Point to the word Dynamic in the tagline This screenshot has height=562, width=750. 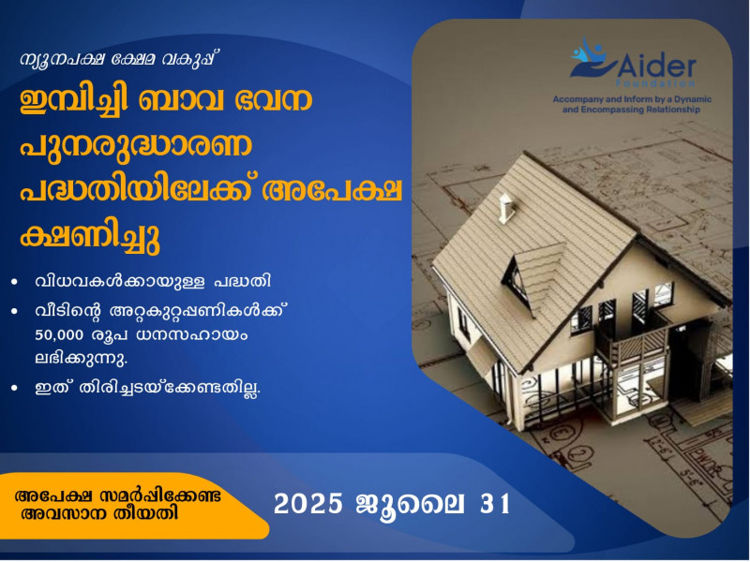click(693, 99)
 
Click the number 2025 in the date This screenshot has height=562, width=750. click(308, 504)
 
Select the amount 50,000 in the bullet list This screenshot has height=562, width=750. click(59, 335)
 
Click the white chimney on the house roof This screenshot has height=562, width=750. click(506, 208)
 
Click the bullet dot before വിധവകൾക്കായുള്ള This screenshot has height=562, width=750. click(15, 282)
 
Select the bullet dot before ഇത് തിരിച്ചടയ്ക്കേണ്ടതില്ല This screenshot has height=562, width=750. click(15, 388)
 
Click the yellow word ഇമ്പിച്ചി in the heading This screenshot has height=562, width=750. click(74, 99)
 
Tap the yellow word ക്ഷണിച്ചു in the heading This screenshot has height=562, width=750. click(89, 236)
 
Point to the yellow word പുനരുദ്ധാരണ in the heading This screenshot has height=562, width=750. click(136, 145)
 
